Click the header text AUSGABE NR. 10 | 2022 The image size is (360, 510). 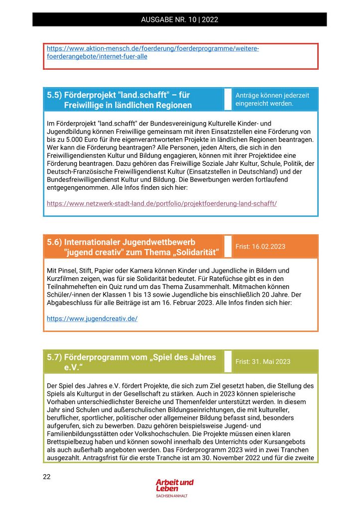180,20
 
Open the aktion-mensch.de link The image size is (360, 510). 152,53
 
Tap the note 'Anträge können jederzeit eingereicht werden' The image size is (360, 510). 272,99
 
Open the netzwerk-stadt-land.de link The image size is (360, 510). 162,203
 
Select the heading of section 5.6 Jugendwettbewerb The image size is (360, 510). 133,247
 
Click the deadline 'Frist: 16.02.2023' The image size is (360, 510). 260,247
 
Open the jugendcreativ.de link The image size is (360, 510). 92,318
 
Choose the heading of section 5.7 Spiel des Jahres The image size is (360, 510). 131,362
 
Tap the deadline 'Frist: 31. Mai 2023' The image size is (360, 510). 263,362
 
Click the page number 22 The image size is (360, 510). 47,477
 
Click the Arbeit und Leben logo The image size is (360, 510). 174,487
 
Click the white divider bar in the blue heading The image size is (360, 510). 228,99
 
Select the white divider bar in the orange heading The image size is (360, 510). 228,247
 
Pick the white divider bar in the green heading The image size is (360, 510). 228,362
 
